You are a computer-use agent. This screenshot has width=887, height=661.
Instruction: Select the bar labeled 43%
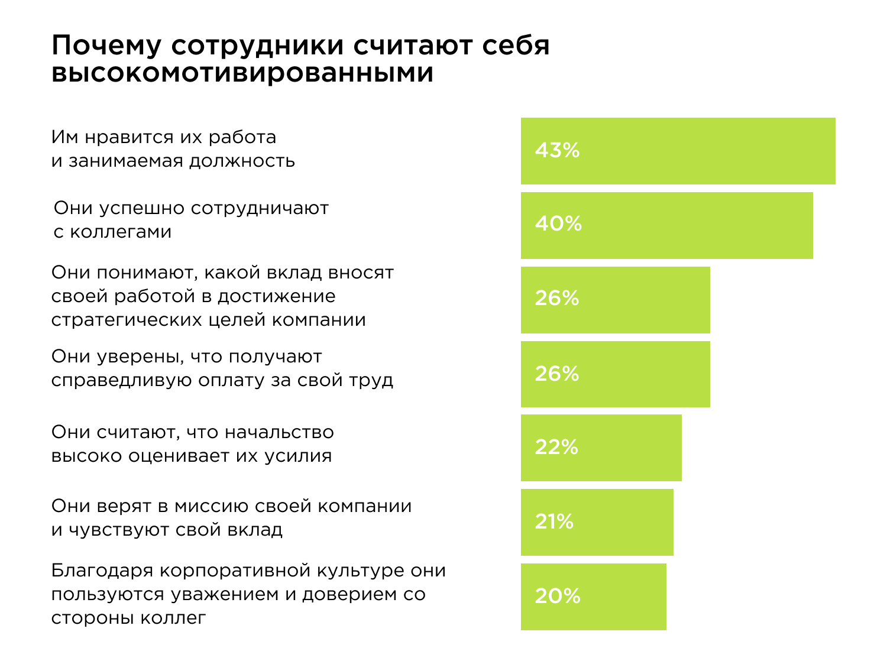678,151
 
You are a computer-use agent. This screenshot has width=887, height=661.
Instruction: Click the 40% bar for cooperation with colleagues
666,225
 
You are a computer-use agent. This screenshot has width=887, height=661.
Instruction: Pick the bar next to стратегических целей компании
615,300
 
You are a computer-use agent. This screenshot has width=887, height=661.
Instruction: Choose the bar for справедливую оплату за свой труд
615,374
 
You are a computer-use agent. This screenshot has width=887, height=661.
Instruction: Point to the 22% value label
556,448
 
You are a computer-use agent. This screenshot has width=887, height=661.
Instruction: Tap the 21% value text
554,522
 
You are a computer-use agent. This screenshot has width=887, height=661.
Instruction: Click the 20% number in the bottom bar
558,597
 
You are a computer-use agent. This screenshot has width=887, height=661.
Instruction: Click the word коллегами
121,232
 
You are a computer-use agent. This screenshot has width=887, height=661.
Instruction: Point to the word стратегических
127,320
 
